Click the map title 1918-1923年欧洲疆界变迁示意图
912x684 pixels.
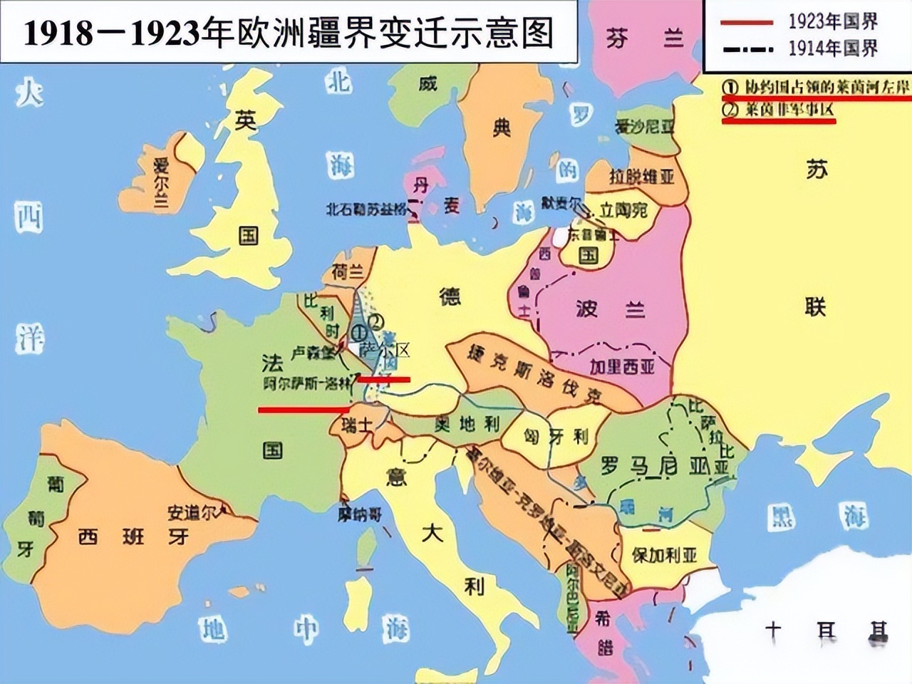pyautogui.click(x=289, y=32)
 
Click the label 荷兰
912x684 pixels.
pyautogui.click(x=347, y=271)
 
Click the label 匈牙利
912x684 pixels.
pyautogui.click(x=556, y=436)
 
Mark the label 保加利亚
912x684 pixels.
pyautogui.click(x=664, y=554)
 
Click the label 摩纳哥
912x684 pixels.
pyautogui.click(x=360, y=514)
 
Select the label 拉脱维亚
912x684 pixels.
pyautogui.click(x=641, y=175)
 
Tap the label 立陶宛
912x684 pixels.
pyautogui.click(x=623, y=210)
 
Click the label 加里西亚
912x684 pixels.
pyautogui.click(x=622, y=366)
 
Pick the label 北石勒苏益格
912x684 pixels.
pyautogui.click(x=366, y=209)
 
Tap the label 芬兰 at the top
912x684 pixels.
pyautogui.click(x=644, y=37)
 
